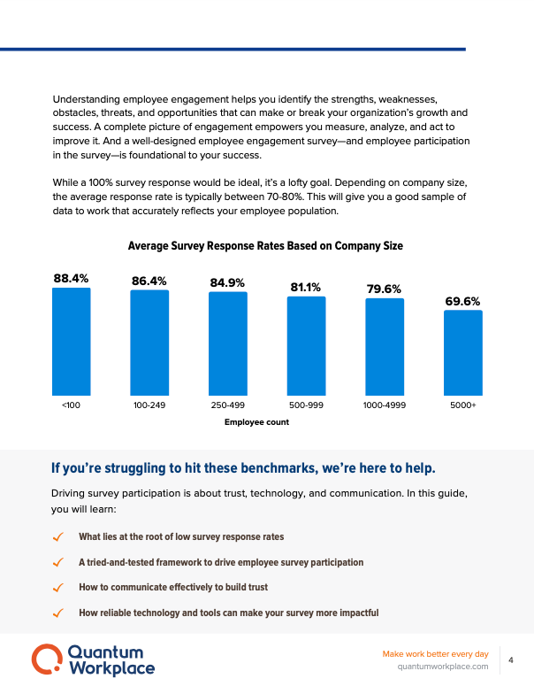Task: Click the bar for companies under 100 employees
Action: point(71,341)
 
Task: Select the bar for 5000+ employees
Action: point(462,352)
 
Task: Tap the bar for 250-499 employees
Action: point(227,343)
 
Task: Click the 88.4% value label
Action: point(71,278)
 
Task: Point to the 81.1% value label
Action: point(306,287)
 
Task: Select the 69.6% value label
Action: point(462,301)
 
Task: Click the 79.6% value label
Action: point(385,289)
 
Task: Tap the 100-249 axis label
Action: point(149,405)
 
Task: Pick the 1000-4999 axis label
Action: point(385,405)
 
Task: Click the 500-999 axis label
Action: point(306,405)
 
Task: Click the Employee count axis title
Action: point(256,422)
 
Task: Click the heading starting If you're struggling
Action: point(243,467)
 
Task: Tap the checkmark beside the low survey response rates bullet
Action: point(58,537)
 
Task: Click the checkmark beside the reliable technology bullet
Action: point(58,613)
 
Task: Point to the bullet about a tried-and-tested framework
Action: point(221,562)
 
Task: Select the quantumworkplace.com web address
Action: point(444,667)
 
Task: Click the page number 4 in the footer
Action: point(512,659)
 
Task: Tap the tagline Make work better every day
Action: point(435,653)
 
